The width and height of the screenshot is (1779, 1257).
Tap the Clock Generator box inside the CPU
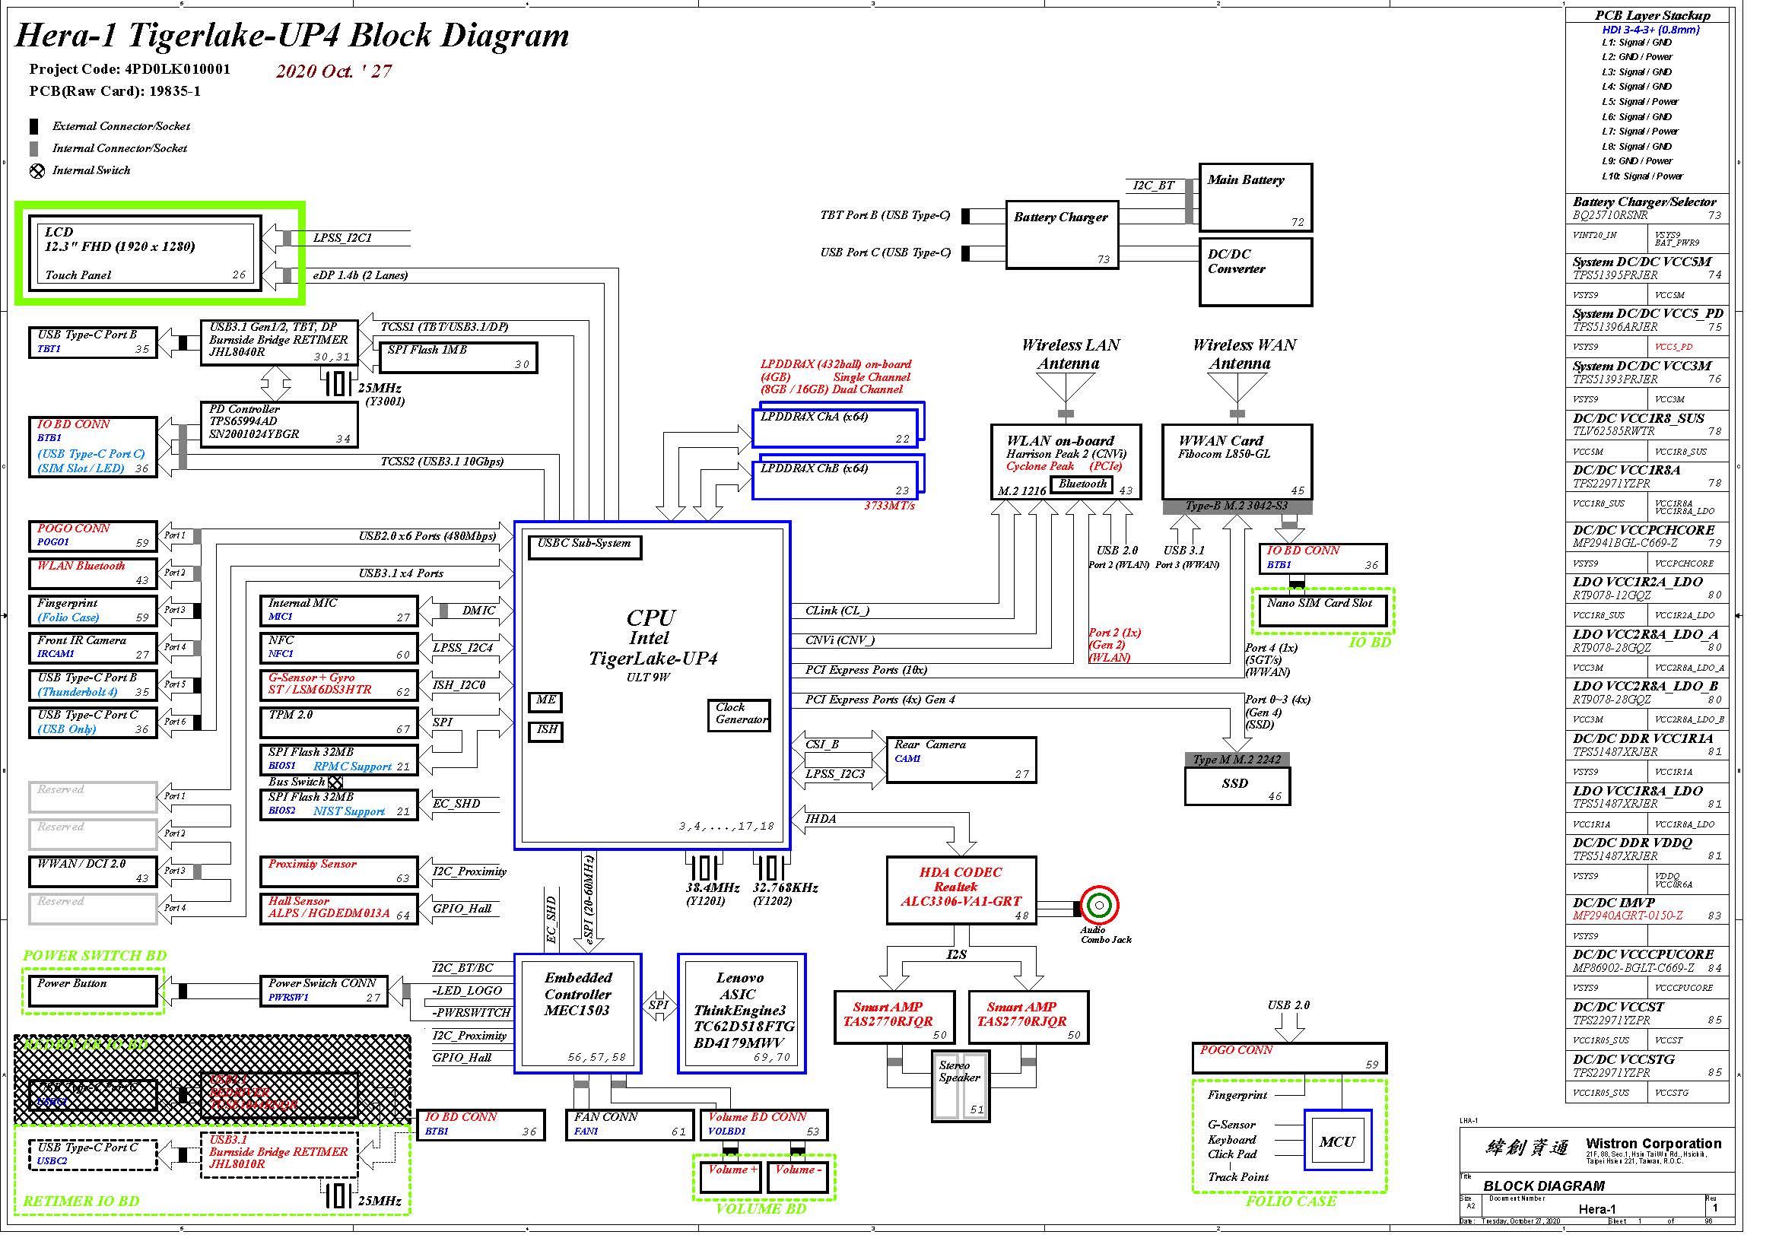tap(739, 715)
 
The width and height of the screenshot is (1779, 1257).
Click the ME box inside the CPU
tap(545, 702)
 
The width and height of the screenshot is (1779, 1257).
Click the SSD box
tap(1237, 786)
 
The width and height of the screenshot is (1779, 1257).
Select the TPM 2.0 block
tap(338, 722)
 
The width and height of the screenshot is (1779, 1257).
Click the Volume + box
tap(729, 1176)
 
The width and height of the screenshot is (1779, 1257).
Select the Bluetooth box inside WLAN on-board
tap(1082, 485)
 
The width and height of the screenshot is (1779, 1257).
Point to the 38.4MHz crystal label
tap(711, 887)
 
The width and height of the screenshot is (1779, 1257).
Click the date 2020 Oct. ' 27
tap(334, 71)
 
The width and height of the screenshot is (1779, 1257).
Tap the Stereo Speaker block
tap(960, 1084)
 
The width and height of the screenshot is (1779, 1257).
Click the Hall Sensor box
tap(338, 909)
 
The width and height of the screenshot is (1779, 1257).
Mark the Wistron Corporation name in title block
tap(1653, 1143)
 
